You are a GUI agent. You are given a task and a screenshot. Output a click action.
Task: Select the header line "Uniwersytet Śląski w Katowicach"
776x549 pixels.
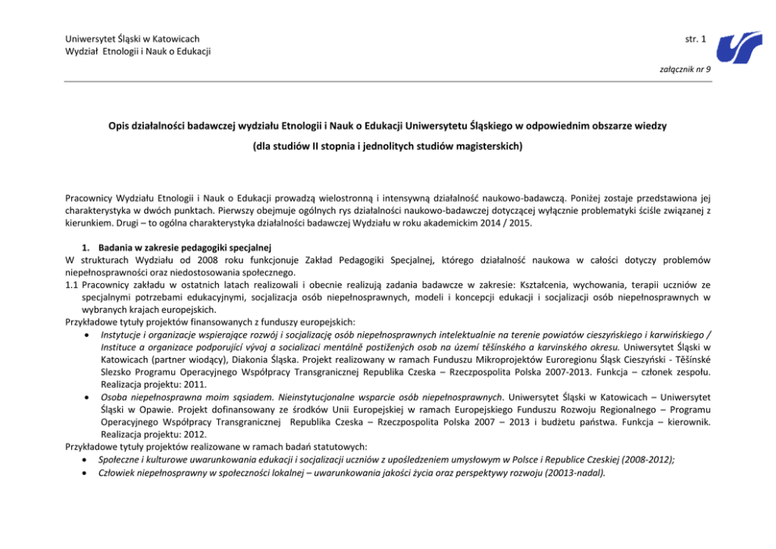[132, 38]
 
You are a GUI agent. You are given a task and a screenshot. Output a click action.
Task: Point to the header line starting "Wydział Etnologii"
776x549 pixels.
[138, 52]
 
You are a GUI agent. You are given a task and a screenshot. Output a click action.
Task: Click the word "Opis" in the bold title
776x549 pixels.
[120, 125]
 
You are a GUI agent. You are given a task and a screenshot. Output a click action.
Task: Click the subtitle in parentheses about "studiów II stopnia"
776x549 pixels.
[387, 145]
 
